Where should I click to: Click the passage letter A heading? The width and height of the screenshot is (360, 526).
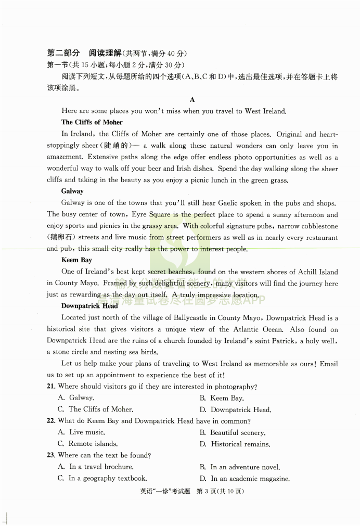pos(192,99)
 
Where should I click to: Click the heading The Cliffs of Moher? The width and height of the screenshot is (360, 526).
pos(92,122)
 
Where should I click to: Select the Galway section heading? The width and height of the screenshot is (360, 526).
pos(72,191)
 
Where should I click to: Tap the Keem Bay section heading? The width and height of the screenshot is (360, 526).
pos(77,260)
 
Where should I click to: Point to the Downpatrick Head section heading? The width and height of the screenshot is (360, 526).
pos(89,306)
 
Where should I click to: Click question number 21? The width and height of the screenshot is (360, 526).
pos(51,387)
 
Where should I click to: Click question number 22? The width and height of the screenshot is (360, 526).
pos(51,421)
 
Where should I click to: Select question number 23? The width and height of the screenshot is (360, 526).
pos(51,455)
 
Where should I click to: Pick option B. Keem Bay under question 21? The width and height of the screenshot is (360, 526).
pos(222,398)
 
